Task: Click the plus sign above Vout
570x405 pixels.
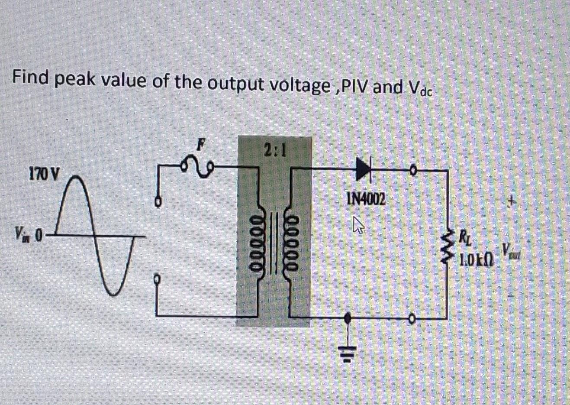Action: (x=512, y=201)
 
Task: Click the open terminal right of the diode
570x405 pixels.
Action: (x=413, y=171)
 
